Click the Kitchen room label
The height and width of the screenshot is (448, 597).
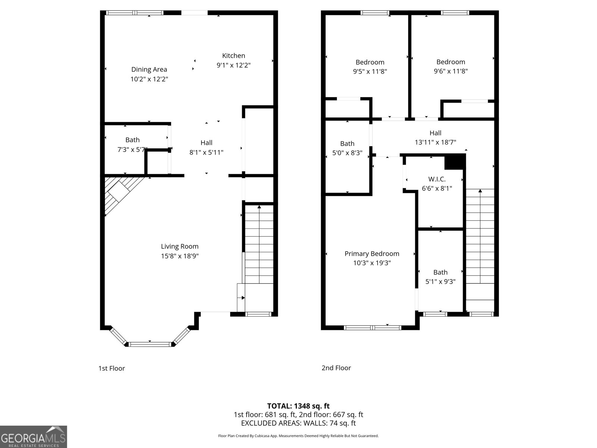tap(234, 56)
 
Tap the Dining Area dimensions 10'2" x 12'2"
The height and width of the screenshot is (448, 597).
tap(149, 79)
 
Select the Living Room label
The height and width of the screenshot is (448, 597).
tap(179, 246)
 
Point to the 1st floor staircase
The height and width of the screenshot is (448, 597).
tap(259, 243)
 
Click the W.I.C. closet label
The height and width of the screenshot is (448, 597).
tap(437, 179)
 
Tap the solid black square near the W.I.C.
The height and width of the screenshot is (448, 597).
tap(455, 161)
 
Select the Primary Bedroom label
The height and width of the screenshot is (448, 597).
tap(372, 254)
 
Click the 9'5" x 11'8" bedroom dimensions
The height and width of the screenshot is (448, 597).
tap(370, 71)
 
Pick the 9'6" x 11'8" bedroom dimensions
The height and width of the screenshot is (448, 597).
tap(450, 71)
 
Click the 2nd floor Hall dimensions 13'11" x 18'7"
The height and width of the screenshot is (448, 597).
tap(435, 142)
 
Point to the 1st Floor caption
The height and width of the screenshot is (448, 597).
tap(112, 368)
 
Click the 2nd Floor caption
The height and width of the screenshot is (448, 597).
tap(336, 368)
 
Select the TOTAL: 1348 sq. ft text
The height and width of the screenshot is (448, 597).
tap(298, 406)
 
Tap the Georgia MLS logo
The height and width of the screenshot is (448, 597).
tap(33, 437)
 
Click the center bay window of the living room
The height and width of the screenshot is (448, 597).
tap(150, 344)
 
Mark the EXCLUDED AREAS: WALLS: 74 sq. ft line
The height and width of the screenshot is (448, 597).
tap(298, 423)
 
